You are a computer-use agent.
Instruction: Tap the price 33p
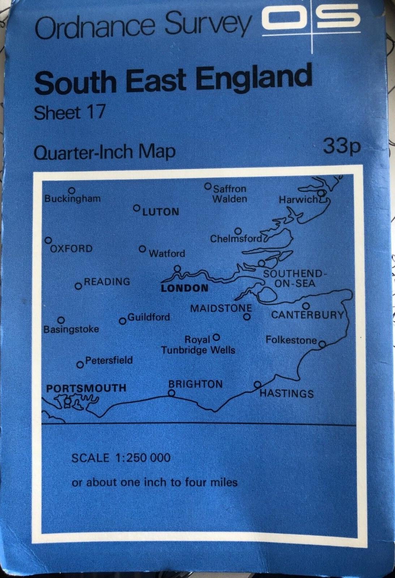(342, 146)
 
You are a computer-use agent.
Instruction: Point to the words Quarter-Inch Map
(104, 152)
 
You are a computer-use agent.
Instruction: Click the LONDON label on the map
(185, 288)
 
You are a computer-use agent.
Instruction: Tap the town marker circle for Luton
(137, 208)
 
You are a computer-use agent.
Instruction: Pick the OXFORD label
(71, 249)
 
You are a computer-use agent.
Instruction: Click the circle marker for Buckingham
(72, 190)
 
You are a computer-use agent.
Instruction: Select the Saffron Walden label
(230, 194)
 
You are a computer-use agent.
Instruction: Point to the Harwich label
(298, 199)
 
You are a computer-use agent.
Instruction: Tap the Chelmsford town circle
(238, 231)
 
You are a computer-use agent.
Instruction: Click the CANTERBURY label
(307, 315)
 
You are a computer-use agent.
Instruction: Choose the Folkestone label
(291, 340)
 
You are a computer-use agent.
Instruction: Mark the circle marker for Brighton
(172, 393)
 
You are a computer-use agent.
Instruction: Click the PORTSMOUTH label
(86, 388)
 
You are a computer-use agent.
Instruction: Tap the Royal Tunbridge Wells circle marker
(216, 337)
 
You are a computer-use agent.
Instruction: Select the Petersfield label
(109, 360)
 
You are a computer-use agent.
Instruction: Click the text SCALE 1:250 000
(121, 458)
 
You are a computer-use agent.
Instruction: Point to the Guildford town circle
(123, 321)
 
